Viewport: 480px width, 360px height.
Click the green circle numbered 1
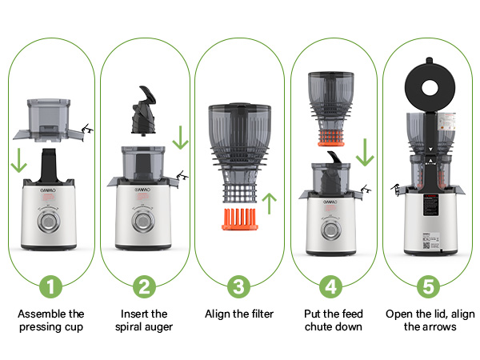click(50, 286)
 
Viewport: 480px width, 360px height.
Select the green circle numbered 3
click(238, 286)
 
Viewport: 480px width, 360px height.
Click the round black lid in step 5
click(427, 82)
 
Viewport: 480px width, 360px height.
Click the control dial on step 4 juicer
click(332, 230)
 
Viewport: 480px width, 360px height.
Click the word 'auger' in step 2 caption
click(159, 326)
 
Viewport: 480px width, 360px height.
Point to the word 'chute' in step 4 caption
click(320, 326)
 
